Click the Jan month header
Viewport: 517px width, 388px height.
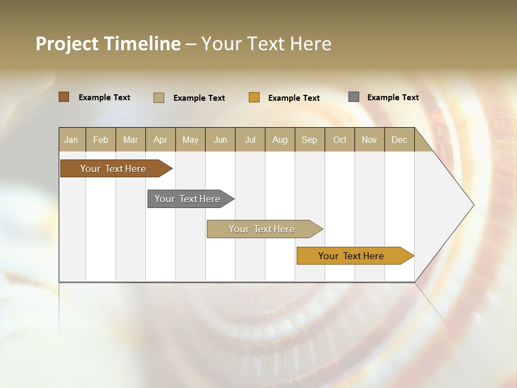(71, 140)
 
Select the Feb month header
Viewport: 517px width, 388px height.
(101, 140)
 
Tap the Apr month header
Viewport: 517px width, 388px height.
(160, 140)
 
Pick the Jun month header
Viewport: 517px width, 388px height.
(220, 140)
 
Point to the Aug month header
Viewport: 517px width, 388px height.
(280, 140)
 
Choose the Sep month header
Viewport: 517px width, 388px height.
(310, 140)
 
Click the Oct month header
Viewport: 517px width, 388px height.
(340, 140)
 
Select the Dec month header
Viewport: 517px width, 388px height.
(400, 140)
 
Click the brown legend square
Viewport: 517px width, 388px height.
(64, 97)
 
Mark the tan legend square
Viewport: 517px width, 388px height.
(159, 98)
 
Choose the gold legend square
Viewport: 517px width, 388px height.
(254, 98)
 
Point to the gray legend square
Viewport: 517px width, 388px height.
(354, 97)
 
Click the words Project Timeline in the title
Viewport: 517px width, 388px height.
(108, 44)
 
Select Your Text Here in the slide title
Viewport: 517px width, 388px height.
(267, 44)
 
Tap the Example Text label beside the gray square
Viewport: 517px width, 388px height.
(393, 98)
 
